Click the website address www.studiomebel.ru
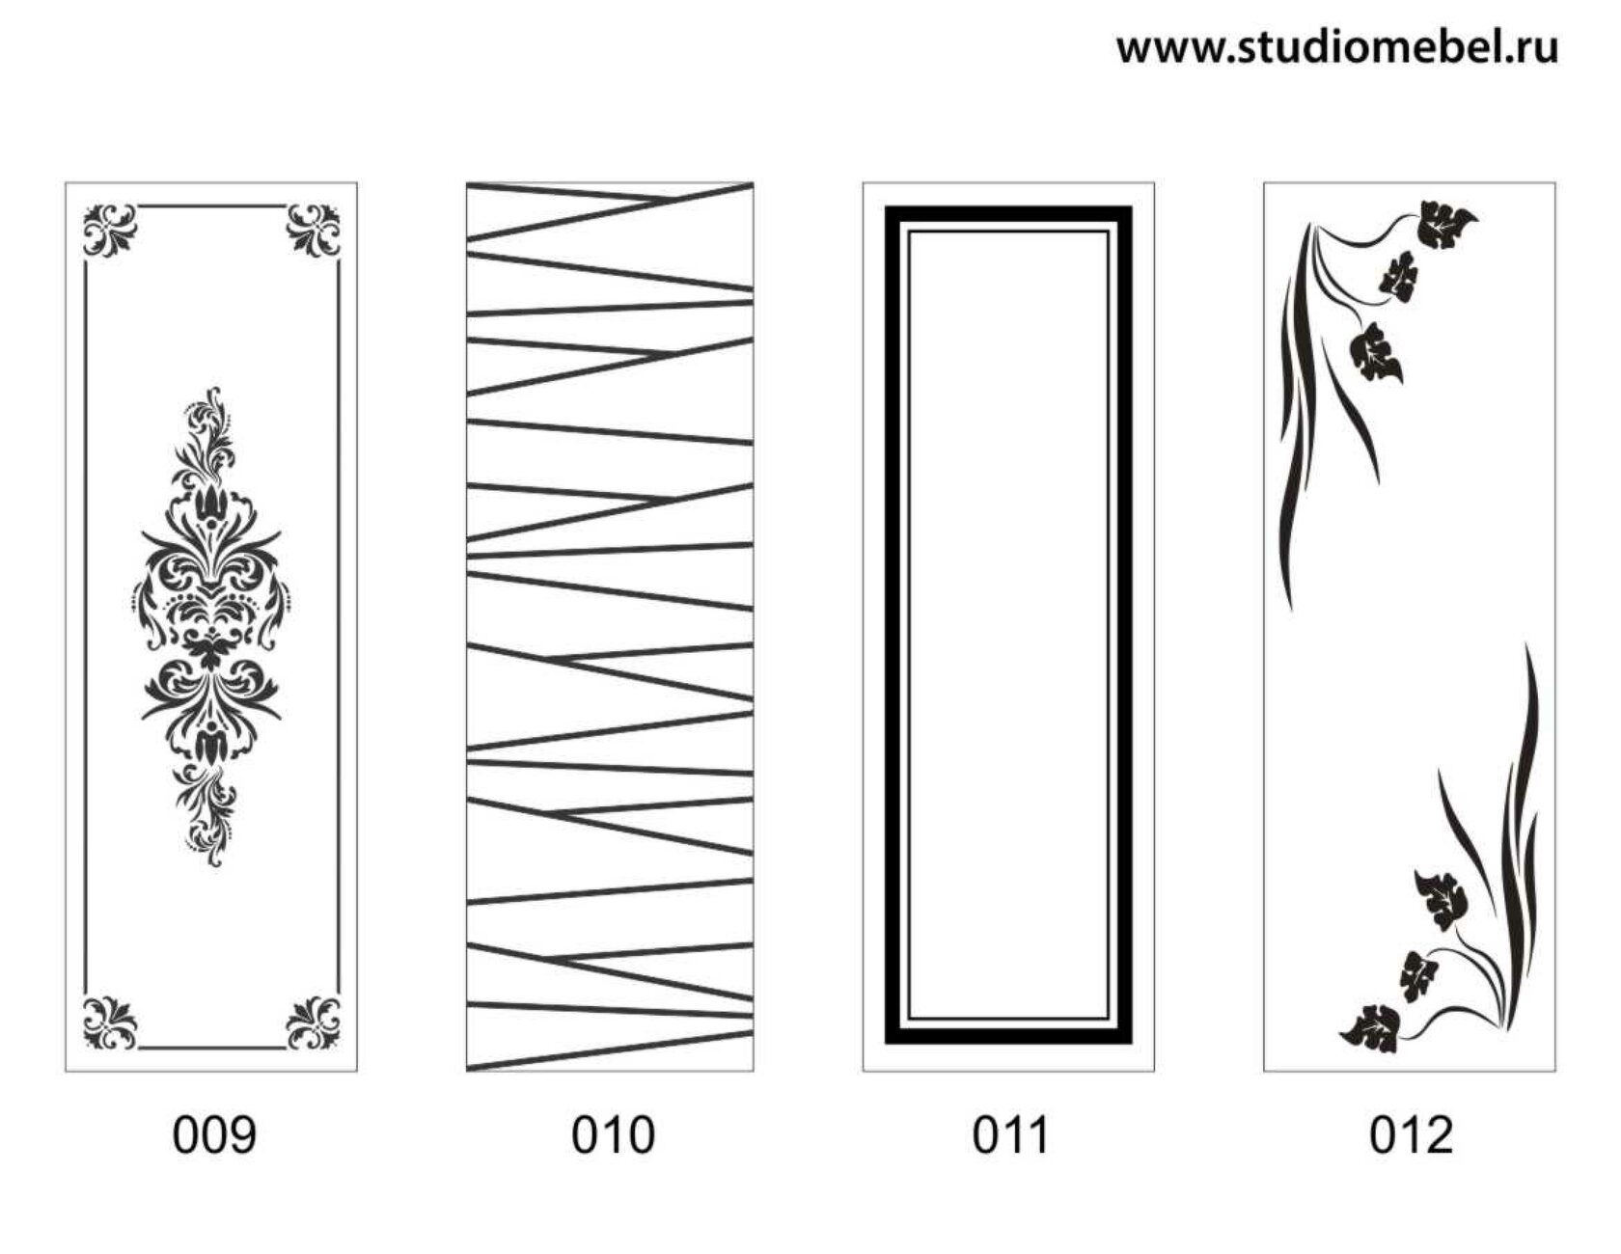pyautogui.click(x=1337, y=46)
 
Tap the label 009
pyautogui.click(x=214, y=1134)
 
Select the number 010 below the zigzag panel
pyautogui.click(x=613, y=1134)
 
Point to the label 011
pyautogui.click(x=1010, y=1134)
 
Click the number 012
pyautogui.click(x=1411, y=1134)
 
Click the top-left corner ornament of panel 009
pyautogui.click(x=110, y=230)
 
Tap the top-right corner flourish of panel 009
pyautogui.click(x=314, y=230)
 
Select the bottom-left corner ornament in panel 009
pyautogui.click(x=110, y=1022)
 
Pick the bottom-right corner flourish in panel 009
pyautogui.click(x=314, y=1022)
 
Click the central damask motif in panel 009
pyautogui.click(x=211, y=627)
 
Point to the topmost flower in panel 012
pyautogui.click(x=1446, y=225)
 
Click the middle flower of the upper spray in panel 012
pyautogui.click(x=1400, y=274)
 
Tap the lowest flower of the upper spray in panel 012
pyautogui.click(x=1375, y=350)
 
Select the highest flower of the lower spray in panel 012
pyautogui.click(x=1442, y=899)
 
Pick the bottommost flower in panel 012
pyautogui.click(x=1370, y=1028)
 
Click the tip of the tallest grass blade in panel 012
pyautogui.click(x=1527, y=643)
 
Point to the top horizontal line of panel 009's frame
pyautogui.click(x=211, y=205)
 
